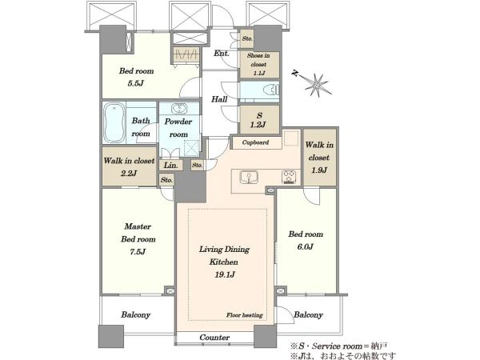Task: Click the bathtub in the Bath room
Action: (114, 122)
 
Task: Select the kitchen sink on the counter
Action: (249, 178)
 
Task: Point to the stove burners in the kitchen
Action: (289, 177)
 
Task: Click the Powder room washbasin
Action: (178, 108)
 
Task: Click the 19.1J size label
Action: (224, 274)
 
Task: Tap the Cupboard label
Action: (255, 142)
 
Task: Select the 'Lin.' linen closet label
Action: (171, 166)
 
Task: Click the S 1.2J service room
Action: (259, 120)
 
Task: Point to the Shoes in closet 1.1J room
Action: (259, 64)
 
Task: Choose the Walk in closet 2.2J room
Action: (129, 166)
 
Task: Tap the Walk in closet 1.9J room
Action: (319, 157)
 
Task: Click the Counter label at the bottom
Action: (214, 338)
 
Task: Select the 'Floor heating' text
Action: (245, 315)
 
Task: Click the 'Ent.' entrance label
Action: (222, 54)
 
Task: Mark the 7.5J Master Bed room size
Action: (138, 252)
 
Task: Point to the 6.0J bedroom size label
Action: (306, 246)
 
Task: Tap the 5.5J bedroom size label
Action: (136, 83)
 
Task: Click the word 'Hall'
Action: (219, 99)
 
